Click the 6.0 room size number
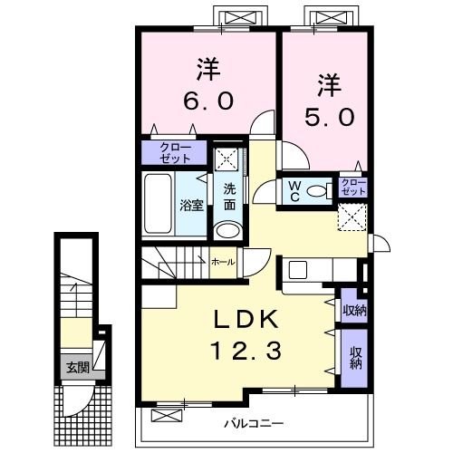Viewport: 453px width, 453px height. [x=208, y=101]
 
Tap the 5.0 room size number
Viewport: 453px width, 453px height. [x=329, y=118]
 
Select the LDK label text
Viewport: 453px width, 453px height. [x=246, y=320]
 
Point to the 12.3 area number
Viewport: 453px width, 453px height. [x=247, y=351]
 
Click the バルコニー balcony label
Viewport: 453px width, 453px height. [x=254, y=424]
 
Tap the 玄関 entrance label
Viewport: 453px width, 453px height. [x=78, y=368]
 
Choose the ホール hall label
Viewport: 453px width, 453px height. [x=223, y=262]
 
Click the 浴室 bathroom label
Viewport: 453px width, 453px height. [x=191, y=206]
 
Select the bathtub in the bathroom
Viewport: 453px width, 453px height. [x=158, y=204]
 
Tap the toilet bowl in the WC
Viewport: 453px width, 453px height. [x=317, y=191]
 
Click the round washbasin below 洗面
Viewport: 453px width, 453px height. [x=228, y=231]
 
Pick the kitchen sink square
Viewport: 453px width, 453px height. [x=298, y=270]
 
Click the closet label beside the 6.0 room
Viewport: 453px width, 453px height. [x=175, y=153]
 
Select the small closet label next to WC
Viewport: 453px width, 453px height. [x=352, y=187]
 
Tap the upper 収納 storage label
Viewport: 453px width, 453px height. [x=354, y=310]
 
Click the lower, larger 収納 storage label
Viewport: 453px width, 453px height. [x=356, y=359]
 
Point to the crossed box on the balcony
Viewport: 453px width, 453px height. [x=167, y=415]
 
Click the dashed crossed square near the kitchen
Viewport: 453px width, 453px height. [x=352, y=217]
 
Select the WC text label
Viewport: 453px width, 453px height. [x=294, y=191]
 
